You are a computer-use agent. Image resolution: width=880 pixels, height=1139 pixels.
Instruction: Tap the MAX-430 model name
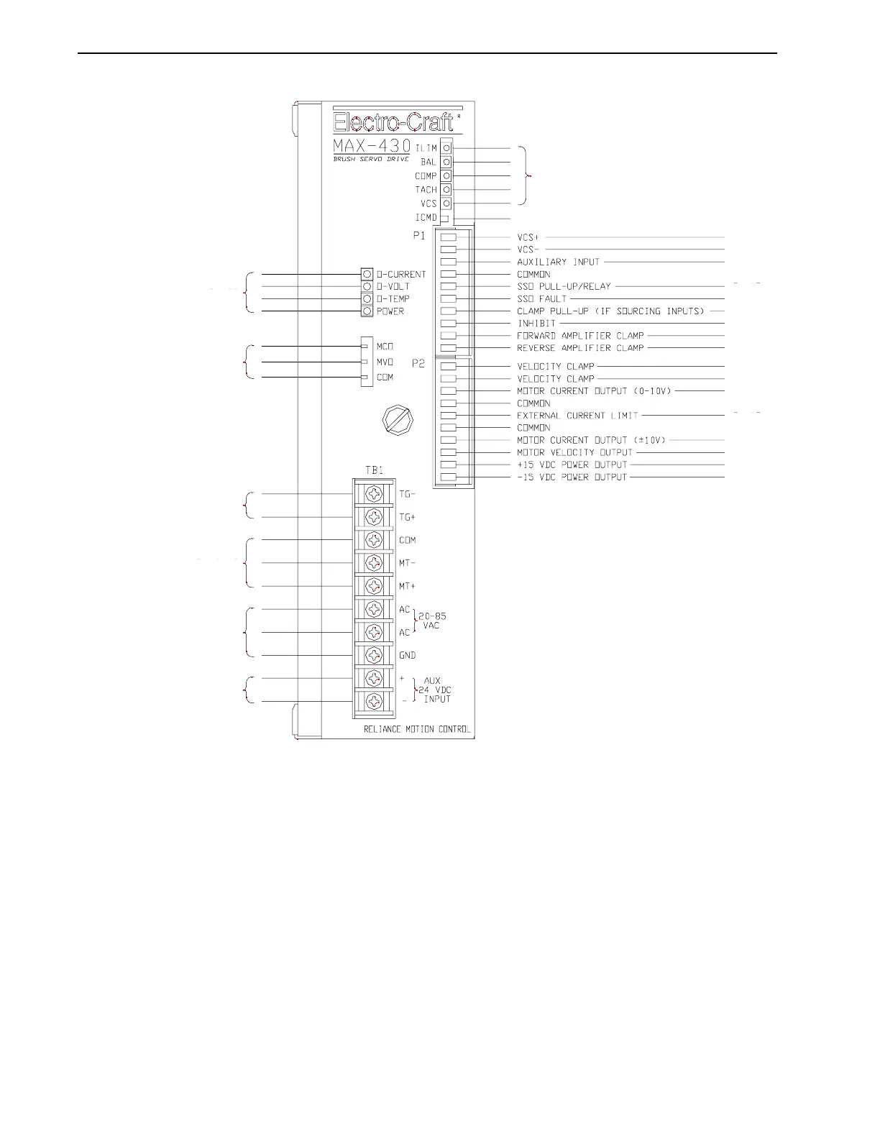pyautogui.click(x=372, y=146)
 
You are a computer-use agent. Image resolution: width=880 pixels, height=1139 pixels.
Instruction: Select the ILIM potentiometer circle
pyautogui.click(x=446, y=147)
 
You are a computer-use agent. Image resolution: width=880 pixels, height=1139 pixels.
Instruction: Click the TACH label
pyautogui.click(x=426, y=190)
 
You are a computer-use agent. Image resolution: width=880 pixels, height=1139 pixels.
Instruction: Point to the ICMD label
pyautogui.click(x=426, y=217)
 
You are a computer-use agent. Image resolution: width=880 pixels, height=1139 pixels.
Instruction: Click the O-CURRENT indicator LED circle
pyautogui.click(x=367, y=274)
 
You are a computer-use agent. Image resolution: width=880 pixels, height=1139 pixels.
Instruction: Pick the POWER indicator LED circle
pyautogui.click(x=367, y=311)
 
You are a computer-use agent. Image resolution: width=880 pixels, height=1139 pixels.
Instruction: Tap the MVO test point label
pyautogui.click(x=385, y=362)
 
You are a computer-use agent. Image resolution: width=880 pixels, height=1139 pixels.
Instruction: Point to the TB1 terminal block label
pyautogui.click(x=374, y=470)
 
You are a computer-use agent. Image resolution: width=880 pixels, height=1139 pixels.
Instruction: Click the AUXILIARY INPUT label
pyautogui.click(x=558, y=262)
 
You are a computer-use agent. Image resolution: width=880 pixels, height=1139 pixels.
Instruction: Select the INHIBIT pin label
pyautogui.click(x=536, y=324)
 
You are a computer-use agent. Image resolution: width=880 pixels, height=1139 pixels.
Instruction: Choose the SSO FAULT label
pyautogui.click(x=541, y=298)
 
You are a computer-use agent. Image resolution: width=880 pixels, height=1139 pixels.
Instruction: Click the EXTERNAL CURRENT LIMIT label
pyautogui.click(x=577, y=416)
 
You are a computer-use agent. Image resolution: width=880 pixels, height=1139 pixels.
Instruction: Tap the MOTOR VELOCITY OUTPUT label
pyautogui.click(x=574, y=452)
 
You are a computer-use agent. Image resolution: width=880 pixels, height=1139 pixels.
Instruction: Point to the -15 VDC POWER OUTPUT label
pyautogui.click(x=572, y=477)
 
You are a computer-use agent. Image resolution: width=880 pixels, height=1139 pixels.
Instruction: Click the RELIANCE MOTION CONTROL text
pyautogui.click(x=417, y=729)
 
